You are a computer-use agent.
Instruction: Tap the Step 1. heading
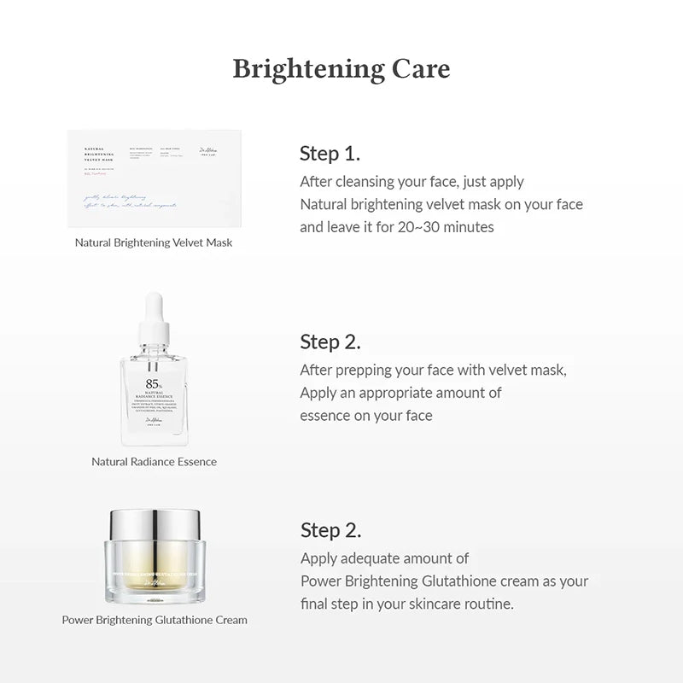(330, 154)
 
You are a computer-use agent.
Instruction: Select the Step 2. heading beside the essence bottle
(330, 342)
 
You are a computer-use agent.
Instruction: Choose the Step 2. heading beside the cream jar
(330, 530)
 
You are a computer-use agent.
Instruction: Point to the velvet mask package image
(155, 178)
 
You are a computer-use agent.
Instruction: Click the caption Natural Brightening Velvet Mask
(154, 242)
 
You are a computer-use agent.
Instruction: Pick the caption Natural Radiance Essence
(154, 462)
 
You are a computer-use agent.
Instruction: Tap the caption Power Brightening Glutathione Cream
(155, 620)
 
